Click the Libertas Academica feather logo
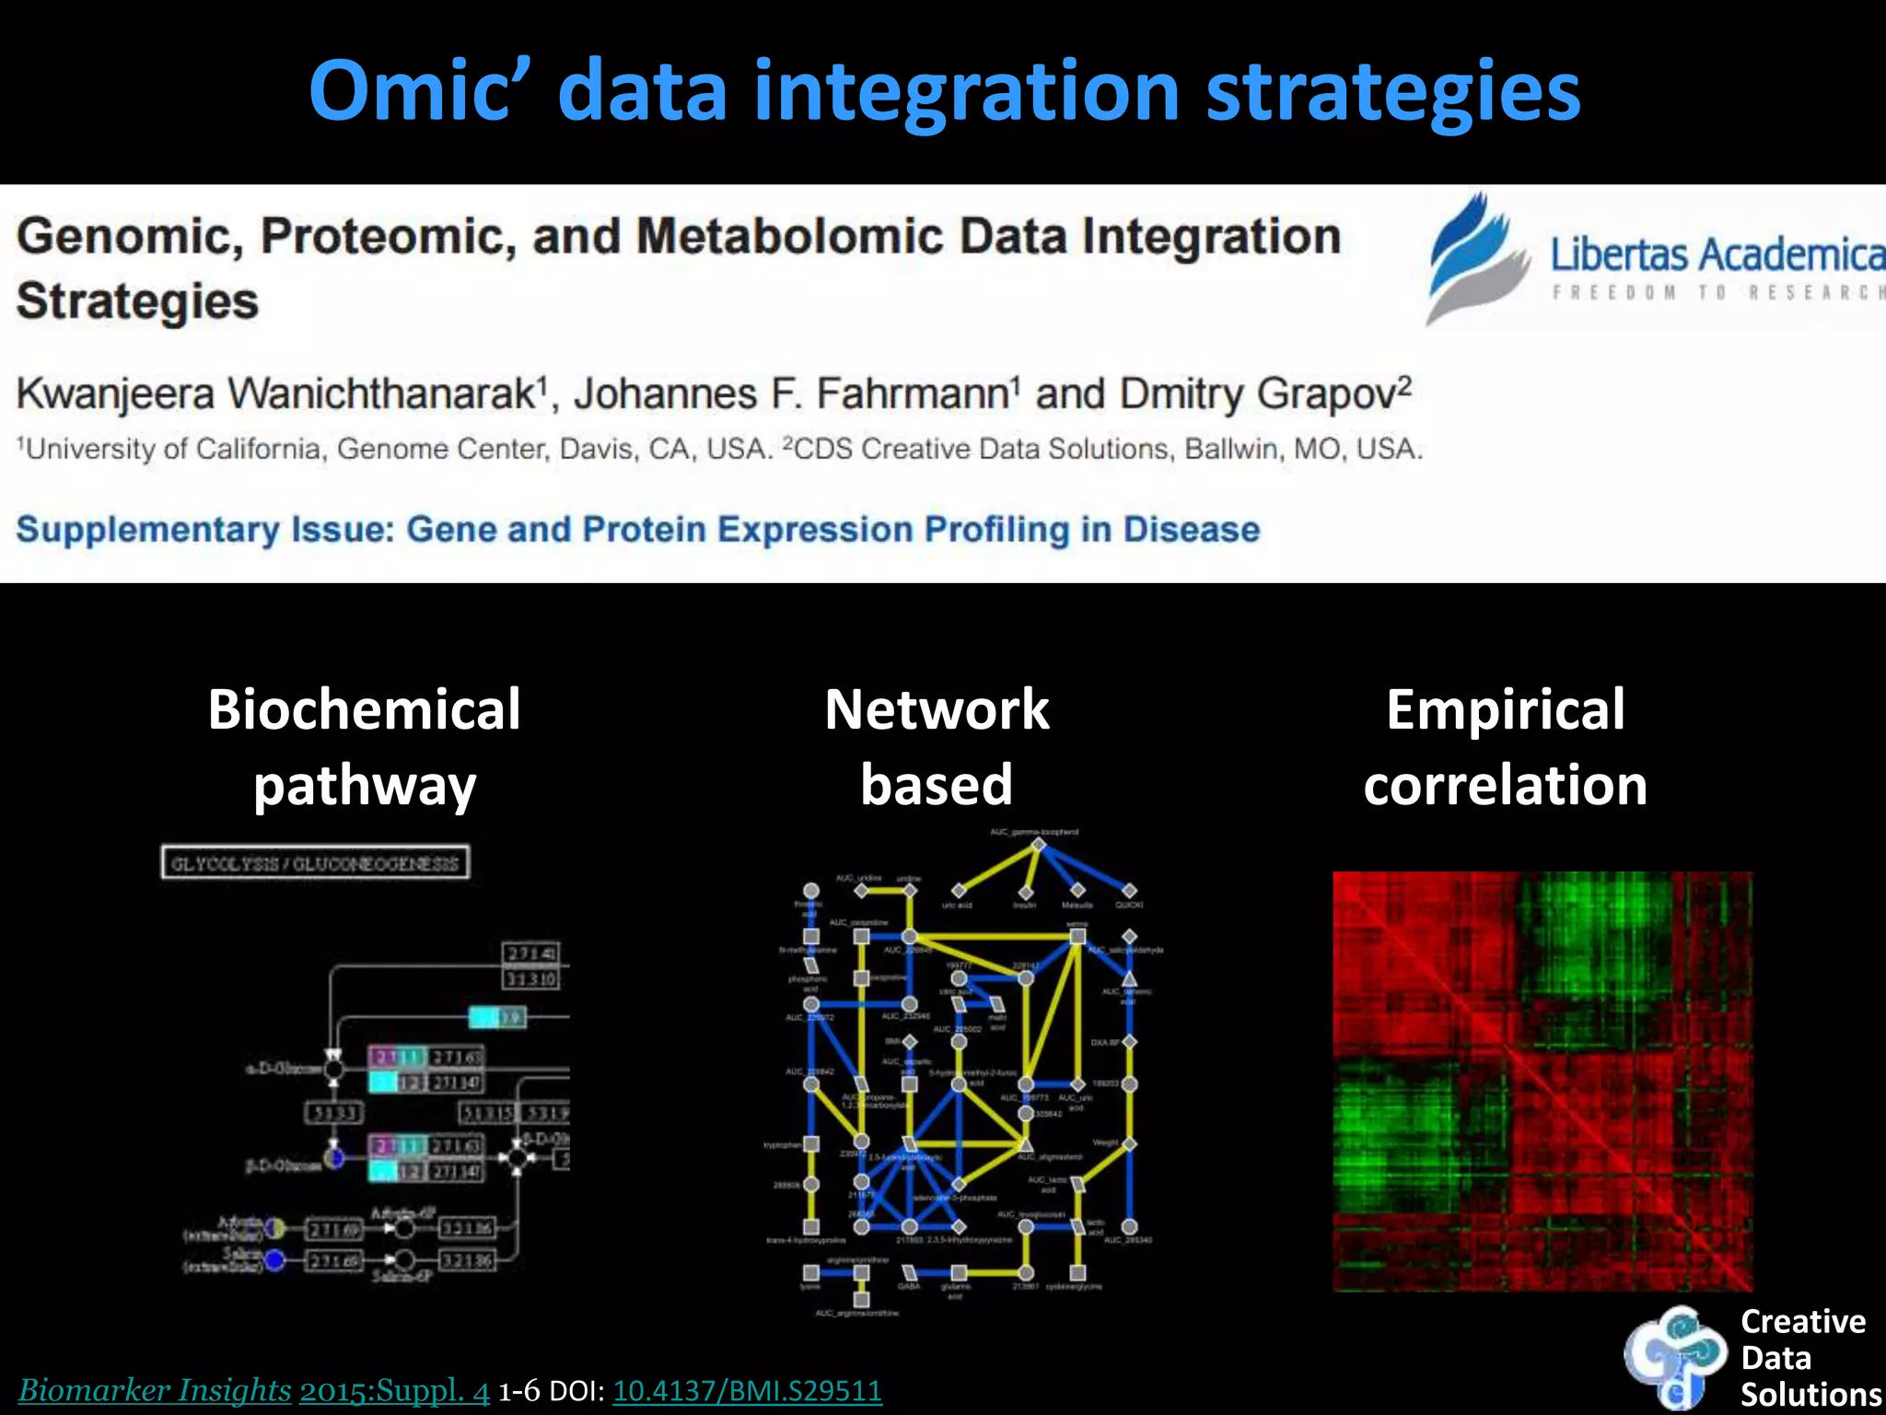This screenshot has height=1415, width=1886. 1473,259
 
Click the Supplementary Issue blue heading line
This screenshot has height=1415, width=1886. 637,530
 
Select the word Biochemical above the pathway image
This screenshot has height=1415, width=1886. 364,709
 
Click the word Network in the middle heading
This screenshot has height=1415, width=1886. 937,709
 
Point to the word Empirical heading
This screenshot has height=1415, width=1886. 1505,709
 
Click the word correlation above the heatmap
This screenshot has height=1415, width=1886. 1505,785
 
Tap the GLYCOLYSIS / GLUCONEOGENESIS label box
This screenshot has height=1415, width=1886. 315,863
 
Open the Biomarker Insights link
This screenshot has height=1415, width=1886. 155,1390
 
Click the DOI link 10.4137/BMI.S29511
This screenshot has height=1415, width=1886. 747,1390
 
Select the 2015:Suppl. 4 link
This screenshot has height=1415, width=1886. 394,1390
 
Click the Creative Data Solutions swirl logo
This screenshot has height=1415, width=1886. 1674,1356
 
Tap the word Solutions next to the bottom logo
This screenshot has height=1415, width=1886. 1810,1395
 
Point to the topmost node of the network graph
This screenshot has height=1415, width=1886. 1038,844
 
